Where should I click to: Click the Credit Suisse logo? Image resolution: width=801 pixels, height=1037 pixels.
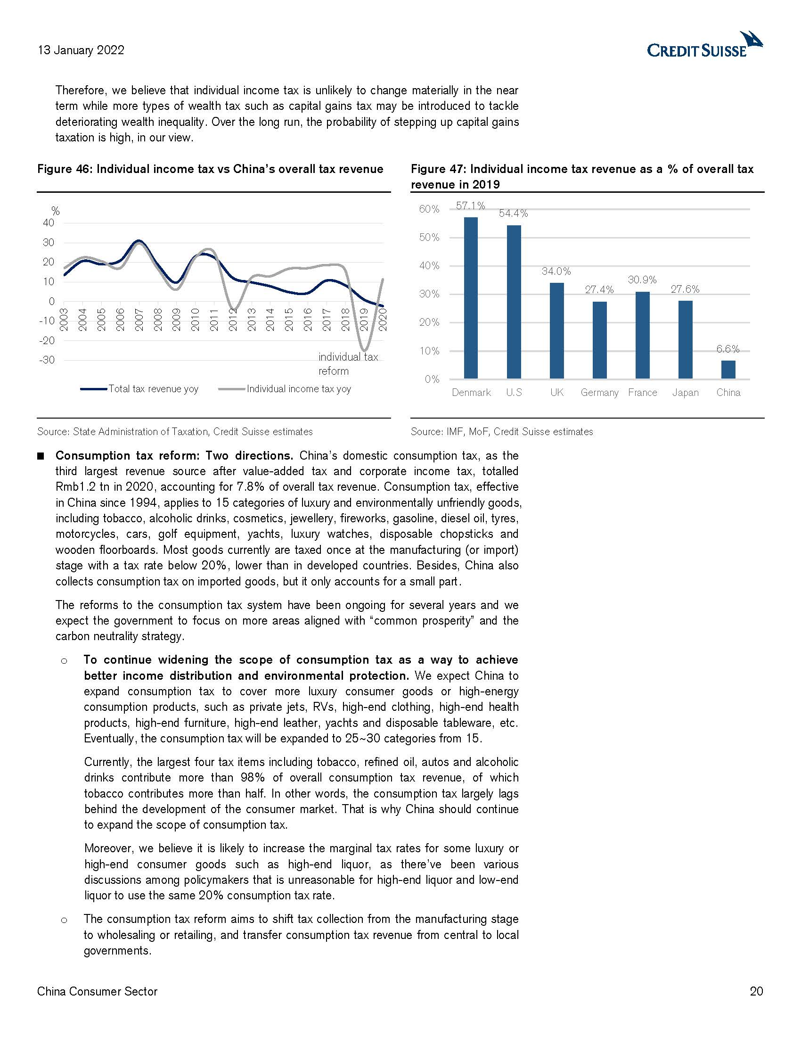point(705,45)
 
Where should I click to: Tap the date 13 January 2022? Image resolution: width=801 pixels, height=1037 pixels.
point(81,50)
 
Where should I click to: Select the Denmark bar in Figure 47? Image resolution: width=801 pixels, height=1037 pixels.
point(470,298)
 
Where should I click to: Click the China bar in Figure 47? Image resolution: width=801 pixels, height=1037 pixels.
point(728,370)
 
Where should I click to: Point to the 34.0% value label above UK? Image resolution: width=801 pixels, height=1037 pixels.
point(556,272)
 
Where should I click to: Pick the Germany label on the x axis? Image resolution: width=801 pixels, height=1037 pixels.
point(599,393)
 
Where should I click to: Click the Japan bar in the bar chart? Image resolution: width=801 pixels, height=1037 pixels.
point(685,339)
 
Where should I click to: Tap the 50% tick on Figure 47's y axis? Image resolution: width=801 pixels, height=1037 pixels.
point(429,238)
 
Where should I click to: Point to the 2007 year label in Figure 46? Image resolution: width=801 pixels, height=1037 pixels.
point(139,320)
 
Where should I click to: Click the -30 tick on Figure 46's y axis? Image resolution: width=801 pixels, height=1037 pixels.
point(47,360)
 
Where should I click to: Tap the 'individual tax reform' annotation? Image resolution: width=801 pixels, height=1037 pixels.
point(347,364)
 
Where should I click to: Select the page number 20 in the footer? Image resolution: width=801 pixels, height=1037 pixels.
point(756,991)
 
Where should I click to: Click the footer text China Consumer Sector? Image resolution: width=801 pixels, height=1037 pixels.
point(97,991)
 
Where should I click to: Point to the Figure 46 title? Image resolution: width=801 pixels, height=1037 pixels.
point(210,170)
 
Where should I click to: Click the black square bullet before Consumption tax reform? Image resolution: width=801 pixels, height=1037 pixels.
point(41,456)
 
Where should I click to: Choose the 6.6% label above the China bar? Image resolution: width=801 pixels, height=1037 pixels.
point(728,349)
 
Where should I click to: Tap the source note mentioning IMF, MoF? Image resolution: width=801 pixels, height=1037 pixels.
point(502,432)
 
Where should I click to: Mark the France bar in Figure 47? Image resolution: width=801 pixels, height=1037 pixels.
point(642,335)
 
